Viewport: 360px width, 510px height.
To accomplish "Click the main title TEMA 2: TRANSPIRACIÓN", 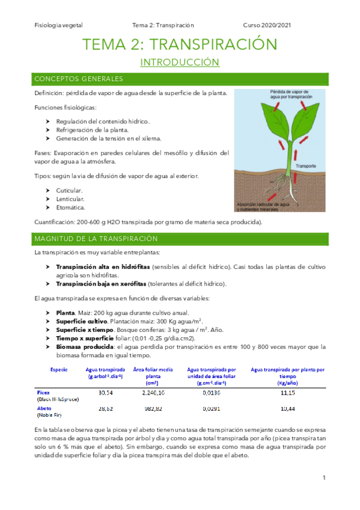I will pos(180,45).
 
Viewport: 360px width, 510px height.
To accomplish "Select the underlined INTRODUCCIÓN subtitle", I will pos(180,63).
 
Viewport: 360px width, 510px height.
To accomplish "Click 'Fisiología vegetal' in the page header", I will pos(59,25).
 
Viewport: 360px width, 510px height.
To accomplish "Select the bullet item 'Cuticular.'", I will pos(69,190).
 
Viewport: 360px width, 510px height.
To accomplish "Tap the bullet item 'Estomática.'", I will pos(72,207).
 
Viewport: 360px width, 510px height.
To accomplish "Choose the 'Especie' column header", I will pos(59,369).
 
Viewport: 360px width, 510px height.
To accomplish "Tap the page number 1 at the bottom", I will pos(323,478).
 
